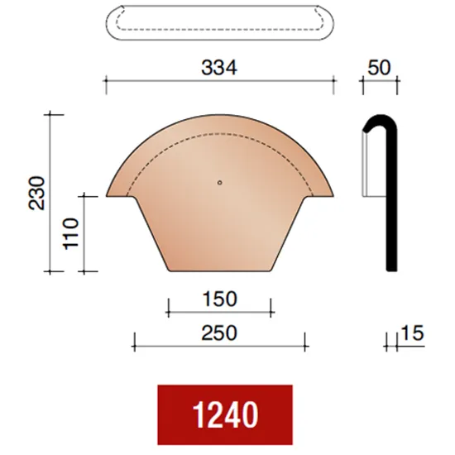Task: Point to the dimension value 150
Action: point(219,298)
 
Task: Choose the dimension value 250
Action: point(219,333)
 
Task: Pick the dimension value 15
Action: point(411,333)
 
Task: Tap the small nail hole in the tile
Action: point(219,183)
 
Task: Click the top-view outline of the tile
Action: point(219,25)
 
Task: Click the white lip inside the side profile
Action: point(369,165)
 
